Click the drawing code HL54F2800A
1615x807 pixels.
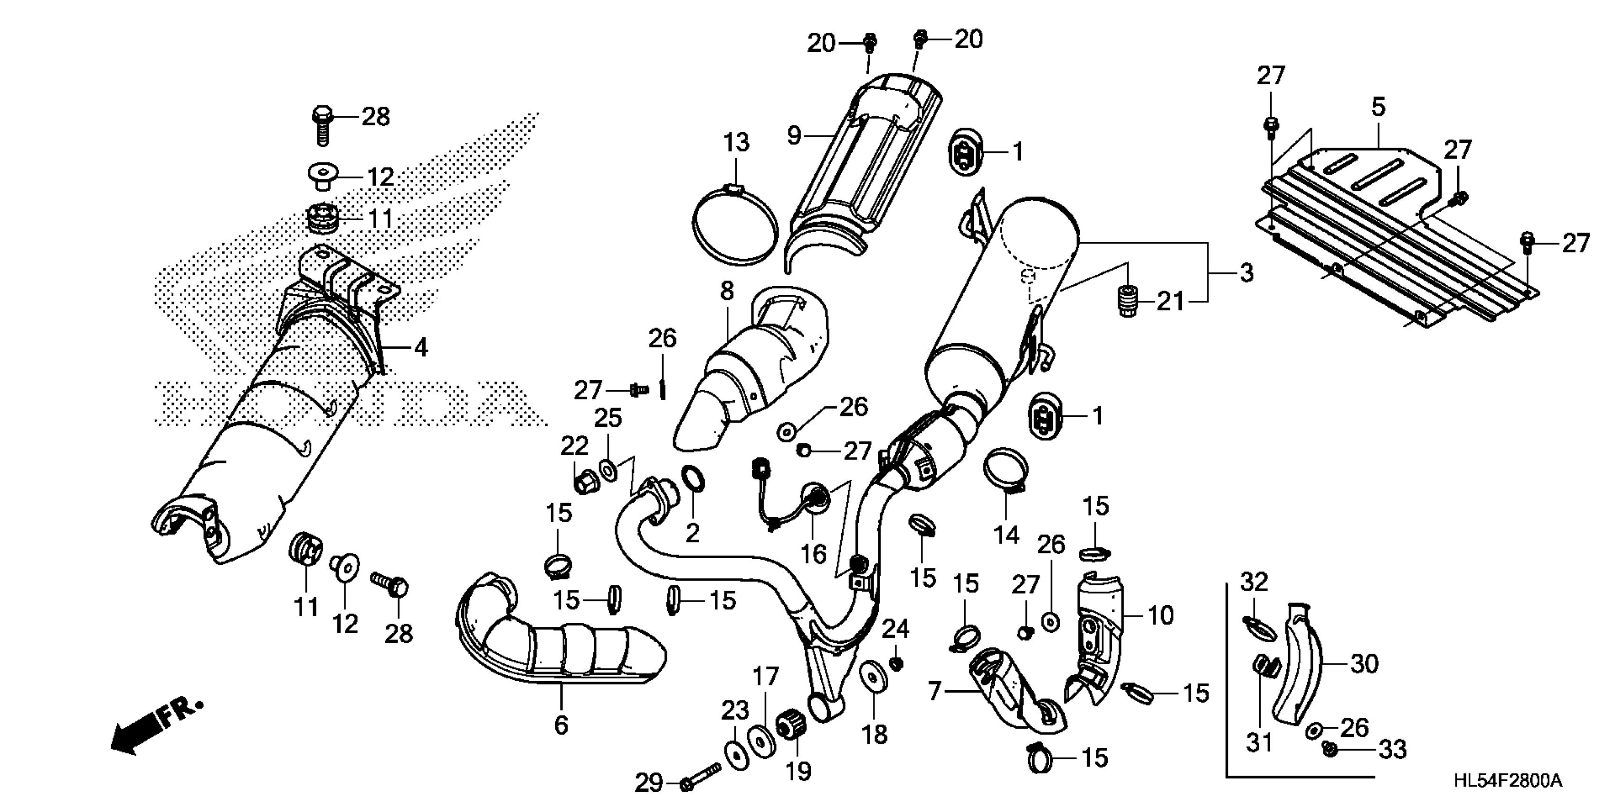(1507, 781)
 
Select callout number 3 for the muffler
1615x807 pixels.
(1246, 273)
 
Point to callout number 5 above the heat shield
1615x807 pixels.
(1378, 107)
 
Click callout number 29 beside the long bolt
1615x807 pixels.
(649, 782)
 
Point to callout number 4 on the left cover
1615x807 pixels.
(421, 347)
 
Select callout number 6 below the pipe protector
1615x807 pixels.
(561, 724)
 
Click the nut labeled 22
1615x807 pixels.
(584, 482)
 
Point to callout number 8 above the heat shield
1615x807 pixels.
(727, 291)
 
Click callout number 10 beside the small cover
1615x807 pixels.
(1160, 616)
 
